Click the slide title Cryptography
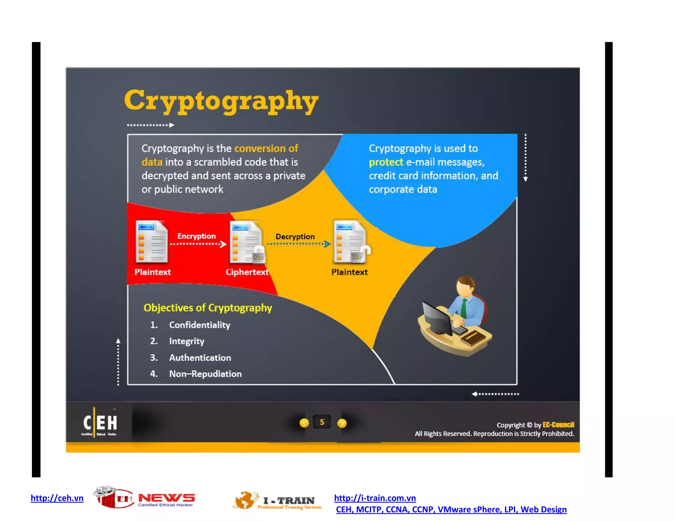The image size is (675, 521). click(221, 101)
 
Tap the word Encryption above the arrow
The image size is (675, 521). click(196, 236)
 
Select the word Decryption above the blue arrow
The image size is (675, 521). click(295, 236)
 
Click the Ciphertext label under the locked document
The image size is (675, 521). click(247, 272)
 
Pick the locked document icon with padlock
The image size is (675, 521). click(247, 243)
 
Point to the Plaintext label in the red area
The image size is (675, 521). click(153, 272)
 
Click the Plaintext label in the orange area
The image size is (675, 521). click(349, 272)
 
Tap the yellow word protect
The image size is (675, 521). click(386, 162)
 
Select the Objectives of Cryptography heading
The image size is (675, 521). click(208, 308)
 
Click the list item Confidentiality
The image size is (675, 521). click(199, 325)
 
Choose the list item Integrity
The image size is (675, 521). click(187, 341)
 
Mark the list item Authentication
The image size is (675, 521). click(200, 358)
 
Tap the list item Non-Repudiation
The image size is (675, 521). click(205, 374)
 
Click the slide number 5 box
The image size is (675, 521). click(322, 423)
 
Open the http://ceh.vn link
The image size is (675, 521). click(57, 498)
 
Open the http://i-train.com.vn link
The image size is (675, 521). click(375, 498)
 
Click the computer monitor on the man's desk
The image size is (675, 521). click(437, 318)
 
